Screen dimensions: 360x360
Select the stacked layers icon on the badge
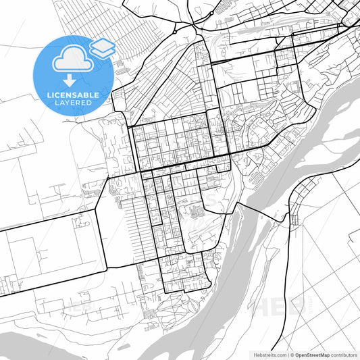click(102, 47)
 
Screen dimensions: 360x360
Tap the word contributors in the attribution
click(344, 354)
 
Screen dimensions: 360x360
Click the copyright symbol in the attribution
click(291, 354)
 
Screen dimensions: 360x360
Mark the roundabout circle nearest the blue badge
click(174, 31)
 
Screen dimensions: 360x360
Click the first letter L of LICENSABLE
click(47, 95)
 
